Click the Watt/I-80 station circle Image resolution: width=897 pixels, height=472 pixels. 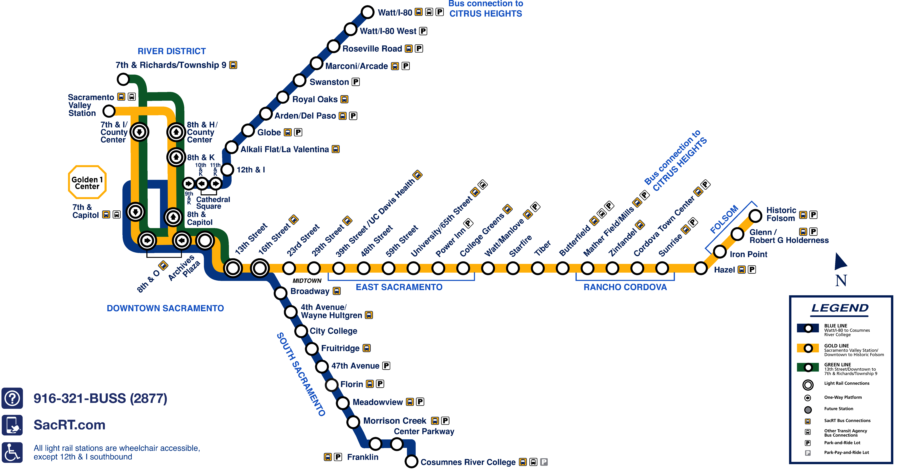[367, 12]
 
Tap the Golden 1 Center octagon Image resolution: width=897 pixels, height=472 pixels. [87, 182]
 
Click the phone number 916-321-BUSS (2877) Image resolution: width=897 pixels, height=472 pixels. [100, 398]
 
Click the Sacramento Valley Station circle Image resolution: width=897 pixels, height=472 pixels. [109, 111]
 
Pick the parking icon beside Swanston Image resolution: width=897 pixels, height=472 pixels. [355, 82]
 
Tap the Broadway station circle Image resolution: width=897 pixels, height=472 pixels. [281, 293]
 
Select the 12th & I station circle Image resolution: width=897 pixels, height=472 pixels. [227, 170]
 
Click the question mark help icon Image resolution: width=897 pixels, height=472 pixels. [12, 398]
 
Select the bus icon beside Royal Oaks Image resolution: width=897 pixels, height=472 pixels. [344, 99]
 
